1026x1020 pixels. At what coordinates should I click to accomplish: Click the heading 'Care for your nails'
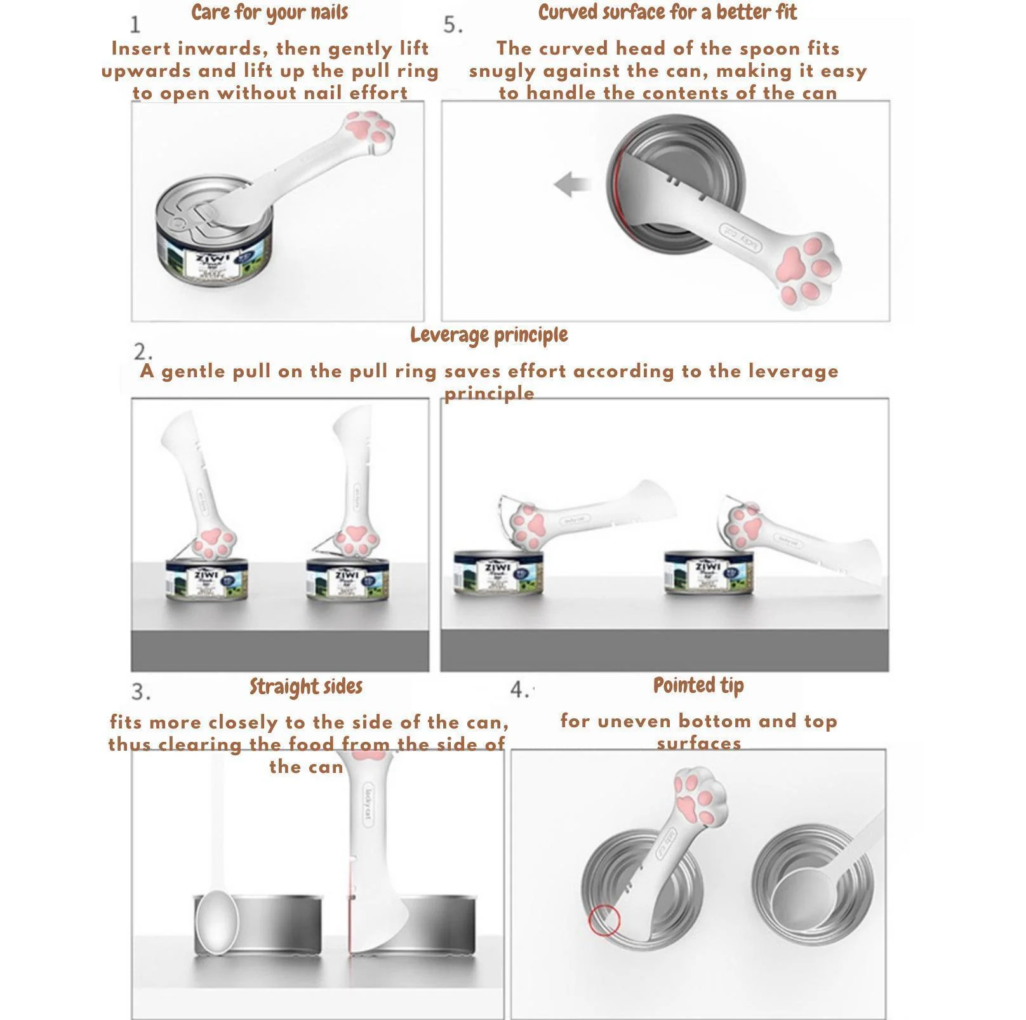(269, 13)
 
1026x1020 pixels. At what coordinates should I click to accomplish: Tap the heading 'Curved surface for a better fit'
(667, 13)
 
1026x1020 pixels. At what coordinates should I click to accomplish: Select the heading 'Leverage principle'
(489, 335)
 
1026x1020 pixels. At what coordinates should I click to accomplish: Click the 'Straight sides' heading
(306, 687)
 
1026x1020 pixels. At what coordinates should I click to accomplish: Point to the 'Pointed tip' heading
(698, 685)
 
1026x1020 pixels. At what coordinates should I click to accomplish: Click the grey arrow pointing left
(571, 184)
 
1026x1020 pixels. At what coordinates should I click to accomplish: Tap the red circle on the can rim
(604, 921)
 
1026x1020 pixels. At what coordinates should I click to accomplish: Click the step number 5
(453, 25)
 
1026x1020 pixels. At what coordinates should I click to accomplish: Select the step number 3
(141, 692)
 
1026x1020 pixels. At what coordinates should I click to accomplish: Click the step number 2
(143, 352)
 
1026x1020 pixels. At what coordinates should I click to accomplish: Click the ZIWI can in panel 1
(214, 248)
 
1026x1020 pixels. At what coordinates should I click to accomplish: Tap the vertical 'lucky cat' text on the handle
(368, 804)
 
